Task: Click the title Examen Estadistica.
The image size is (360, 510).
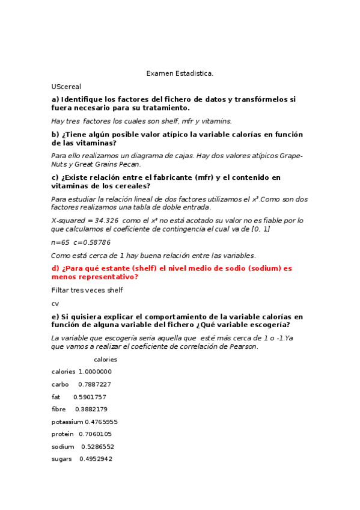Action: [x=180, y=73]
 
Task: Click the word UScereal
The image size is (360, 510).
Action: [x=66, y=87]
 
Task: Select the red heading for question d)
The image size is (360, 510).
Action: [x=171, y=272]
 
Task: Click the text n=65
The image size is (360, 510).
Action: [x=60, y=242]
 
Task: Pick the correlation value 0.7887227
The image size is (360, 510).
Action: [x=94, y=384]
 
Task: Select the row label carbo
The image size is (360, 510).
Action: [x=60, y=384]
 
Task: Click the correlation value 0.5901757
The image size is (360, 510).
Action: [x=90, y=397]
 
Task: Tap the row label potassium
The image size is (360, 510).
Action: [x=67, y=422]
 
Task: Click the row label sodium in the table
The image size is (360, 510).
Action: [x=63, y=447]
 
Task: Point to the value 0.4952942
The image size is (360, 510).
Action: [x=96, y=459]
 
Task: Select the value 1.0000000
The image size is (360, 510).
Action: [x=95, y=372]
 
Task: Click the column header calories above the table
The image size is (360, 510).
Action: [x=106, y=359]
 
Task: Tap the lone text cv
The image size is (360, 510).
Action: [x=55, y=304]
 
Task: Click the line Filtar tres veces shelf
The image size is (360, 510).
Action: [x=87, y=290]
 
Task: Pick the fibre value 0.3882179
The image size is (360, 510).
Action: [x=91, y=409]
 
